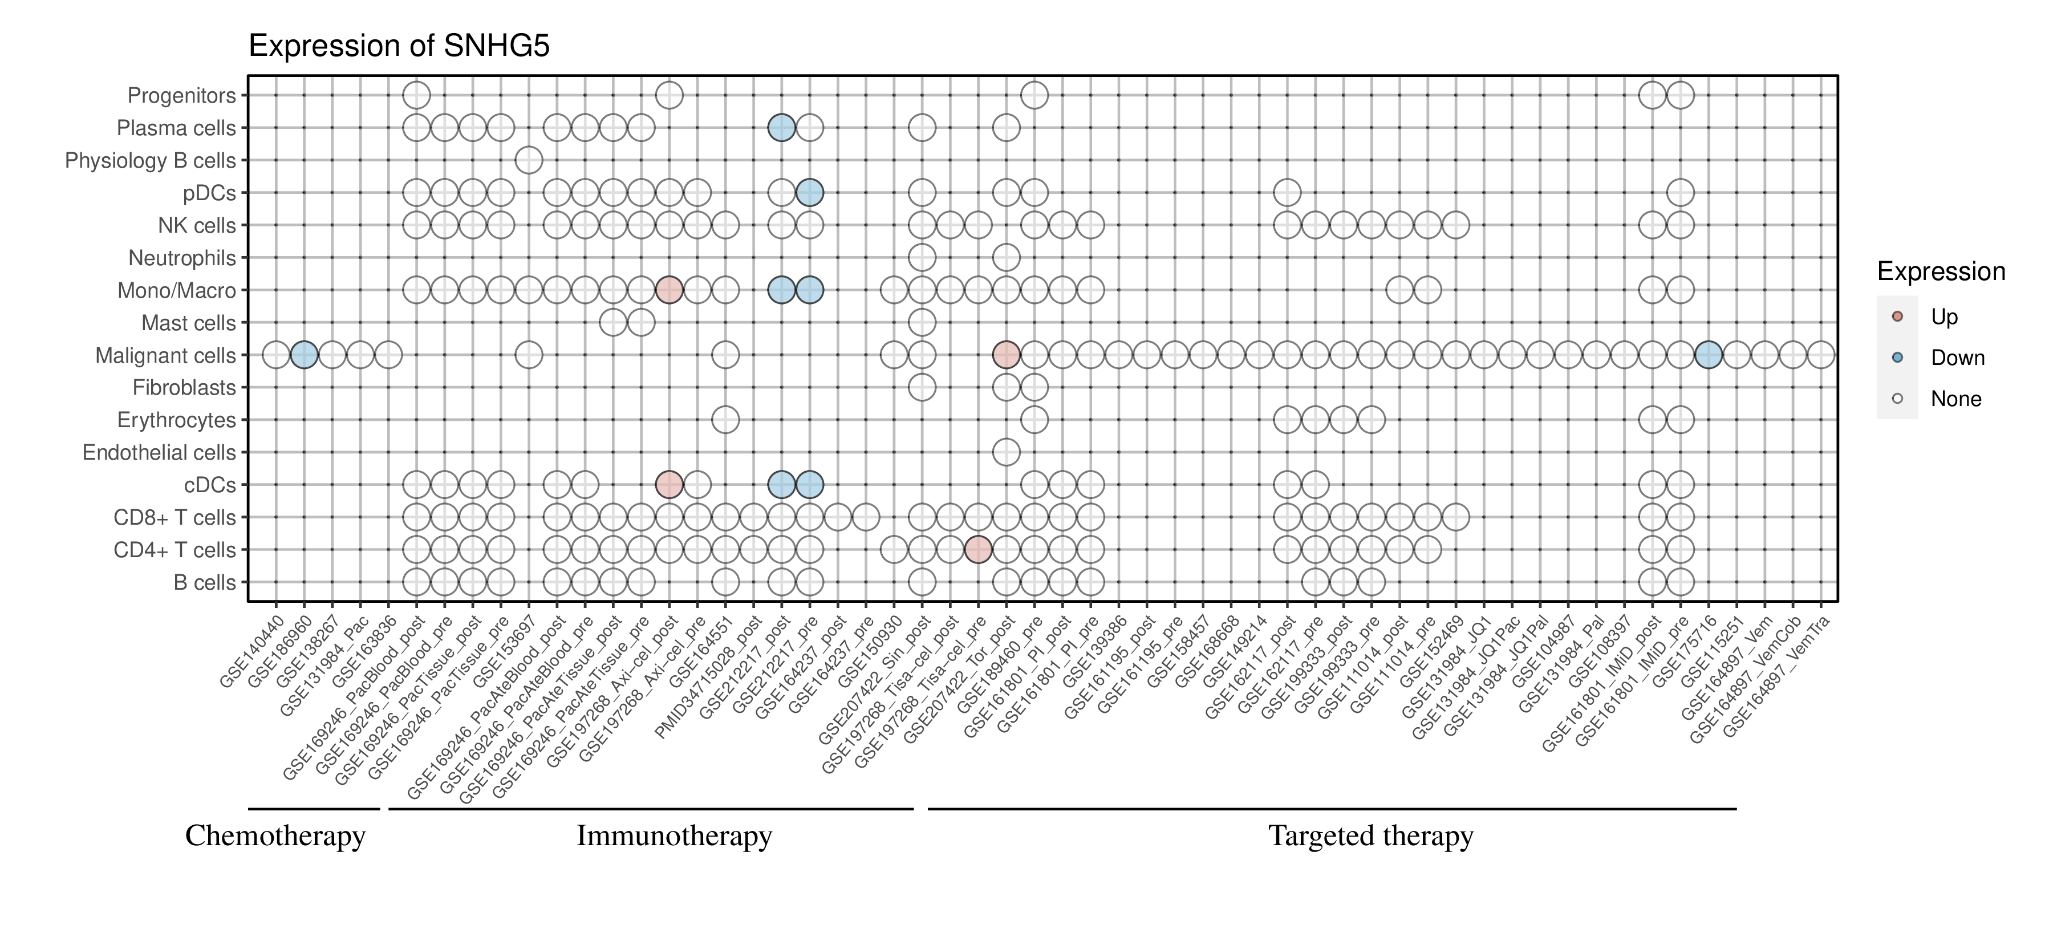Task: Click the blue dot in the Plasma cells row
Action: (781, 128)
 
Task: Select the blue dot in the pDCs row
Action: (810, 193)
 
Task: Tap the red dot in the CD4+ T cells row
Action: (978, 550)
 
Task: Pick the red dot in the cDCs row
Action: (669, 484)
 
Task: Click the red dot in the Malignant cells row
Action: (1006, 355)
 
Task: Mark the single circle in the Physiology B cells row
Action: (529, 160)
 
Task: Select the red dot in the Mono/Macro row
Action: (669, 290)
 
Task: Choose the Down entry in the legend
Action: (1957, 358)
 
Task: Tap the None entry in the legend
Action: (1955, 399)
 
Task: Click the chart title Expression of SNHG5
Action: (399, 46)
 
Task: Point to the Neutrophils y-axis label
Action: (182, 258)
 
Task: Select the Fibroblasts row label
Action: (184, 388)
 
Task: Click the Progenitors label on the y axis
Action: (182, 96)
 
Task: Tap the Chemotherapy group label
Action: (275, 836)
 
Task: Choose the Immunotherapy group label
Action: (674, 836)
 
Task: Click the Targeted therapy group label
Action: (1371, 836)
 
